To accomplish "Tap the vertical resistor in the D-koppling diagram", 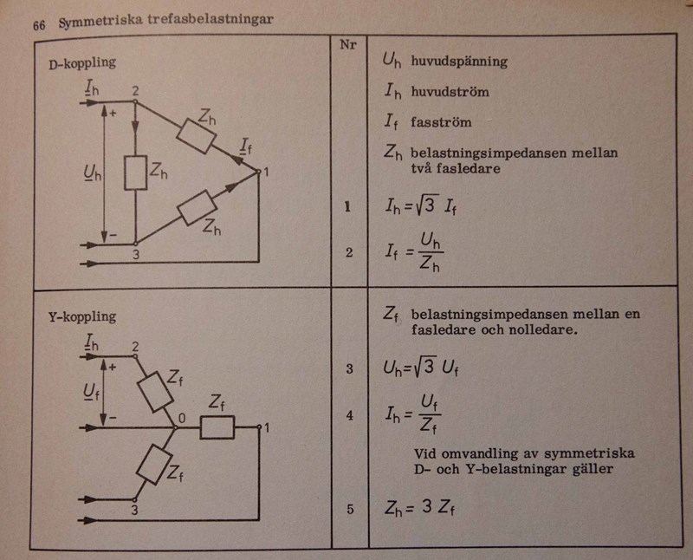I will (x=136, y=173).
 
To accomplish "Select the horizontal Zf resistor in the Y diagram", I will (x=217, y=427).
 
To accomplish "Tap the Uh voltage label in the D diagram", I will (x=84, y=173).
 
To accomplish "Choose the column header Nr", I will (x=350, y=43).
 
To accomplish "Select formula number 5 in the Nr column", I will (x=350, y=510).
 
